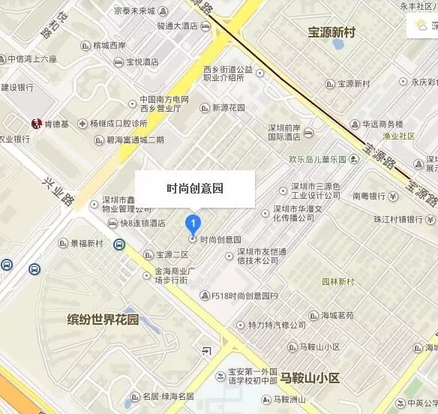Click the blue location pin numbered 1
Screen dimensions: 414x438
(x=193, y=223)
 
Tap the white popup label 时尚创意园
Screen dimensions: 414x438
(x=195, y=189)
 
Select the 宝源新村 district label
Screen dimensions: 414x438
(x=331, y=32)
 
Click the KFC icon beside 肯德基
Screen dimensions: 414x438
(x=35, y=122)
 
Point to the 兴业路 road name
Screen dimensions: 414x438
(x=58, y=190)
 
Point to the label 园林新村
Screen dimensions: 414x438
(x=337, y=282)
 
